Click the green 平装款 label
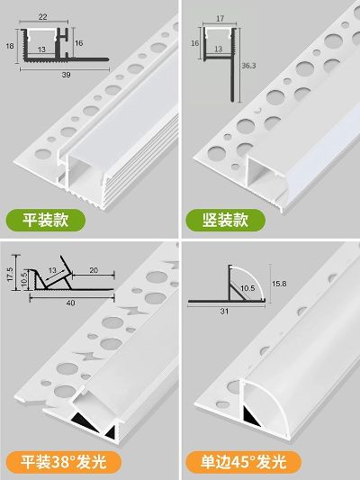point(46,220)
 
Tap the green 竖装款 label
point(225,220)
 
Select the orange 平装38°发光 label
point(63,462)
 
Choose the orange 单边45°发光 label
point(244,462)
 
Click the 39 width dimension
point(66,75)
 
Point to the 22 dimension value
point(43,17)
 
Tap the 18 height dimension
point(10,46)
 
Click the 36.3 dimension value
point(248,66)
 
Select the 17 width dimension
point(220,19)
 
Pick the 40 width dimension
point(71,303)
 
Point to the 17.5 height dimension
point(10,275)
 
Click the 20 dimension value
point(94,270)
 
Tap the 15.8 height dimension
point(279,284)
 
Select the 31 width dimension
point(224,312)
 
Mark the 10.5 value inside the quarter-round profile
point(247,288)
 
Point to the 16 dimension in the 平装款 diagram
point(78,43)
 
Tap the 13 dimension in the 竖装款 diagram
point(218,49)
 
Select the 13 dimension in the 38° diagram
point(52,270)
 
